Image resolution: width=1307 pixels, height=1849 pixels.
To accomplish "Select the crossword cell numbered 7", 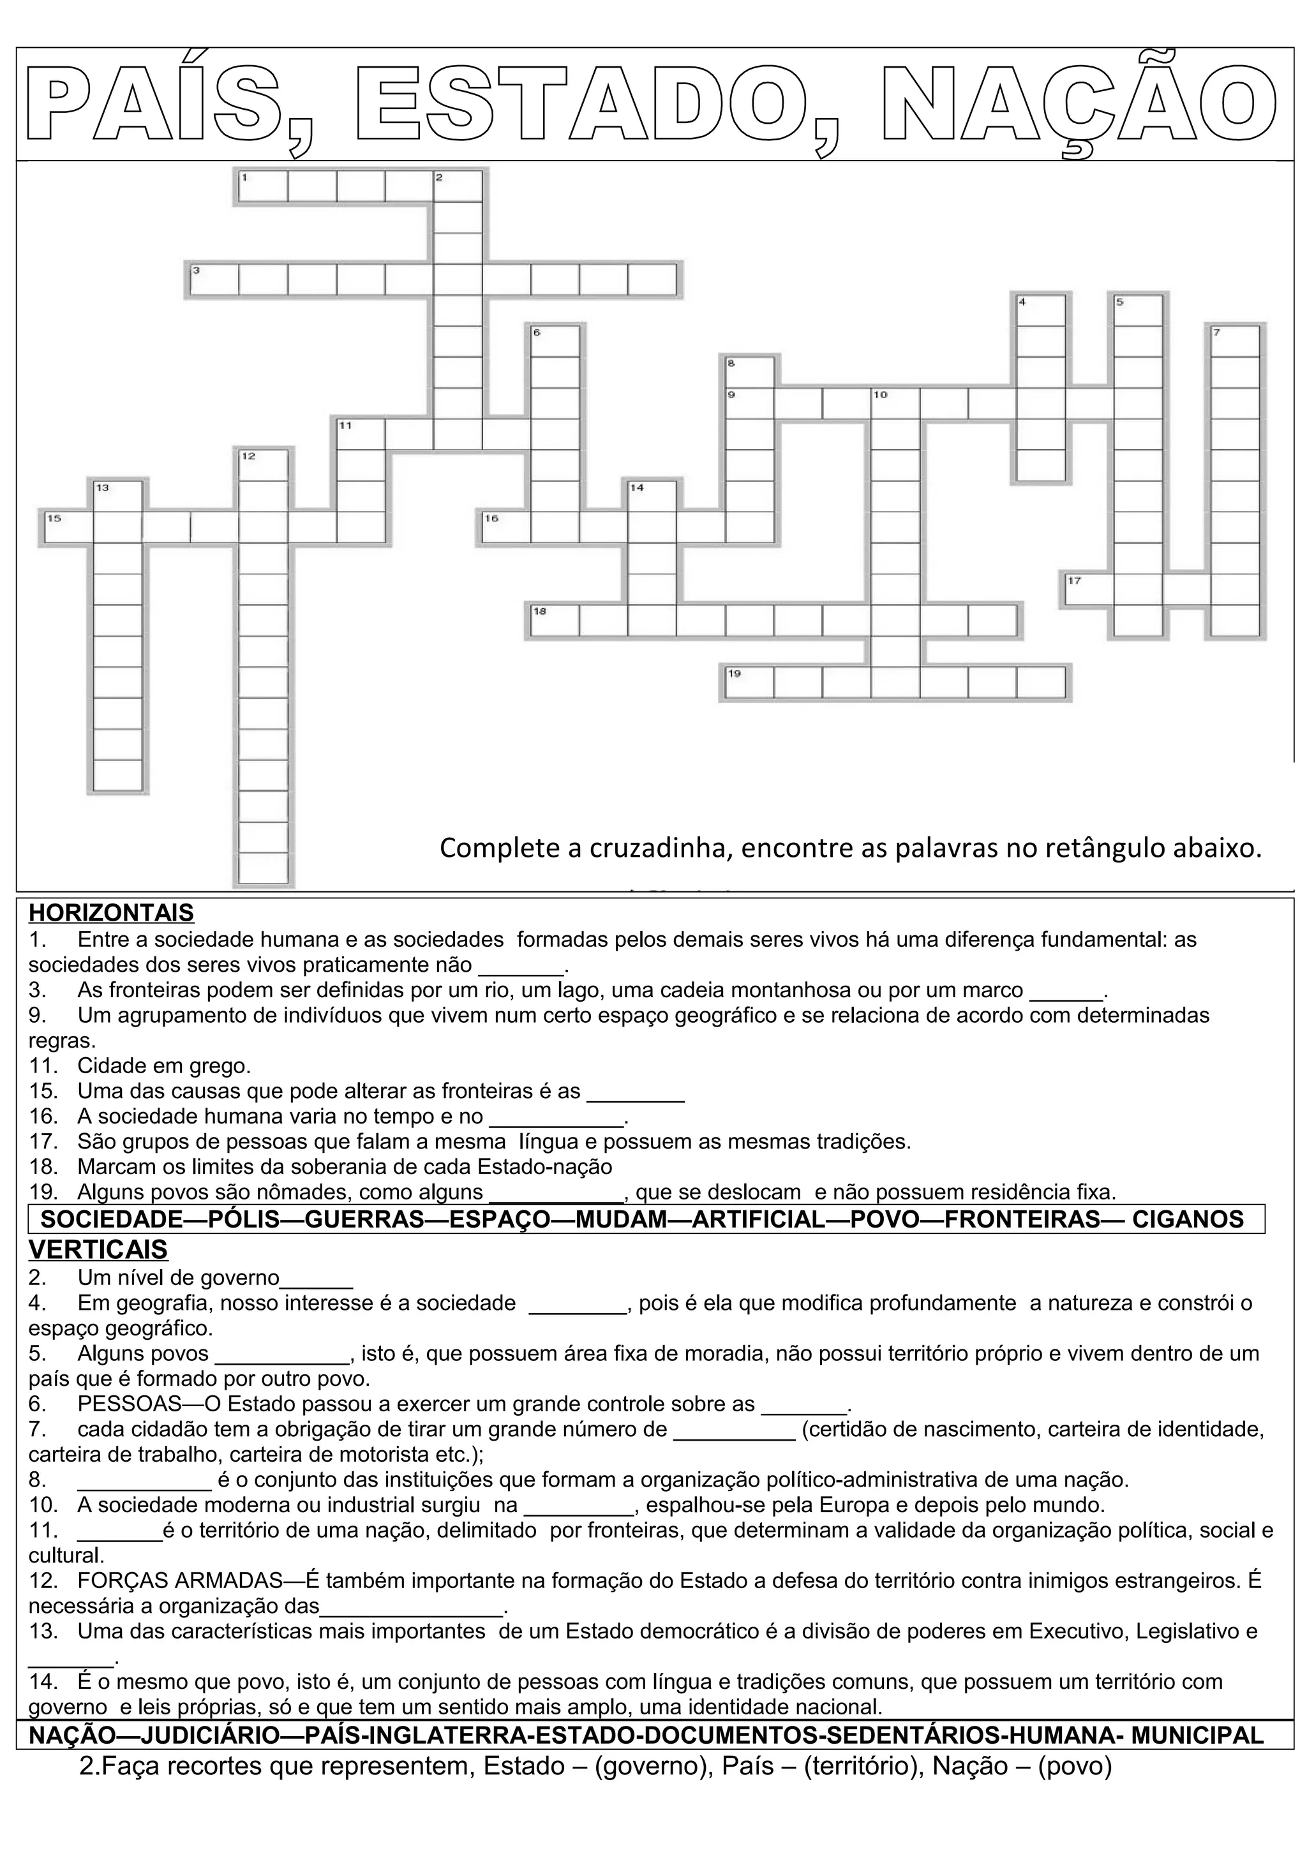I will [1234, 341].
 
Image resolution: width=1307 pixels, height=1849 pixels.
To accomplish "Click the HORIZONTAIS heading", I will [111, 912].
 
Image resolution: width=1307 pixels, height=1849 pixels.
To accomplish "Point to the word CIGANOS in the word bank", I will [1188, 1219].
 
